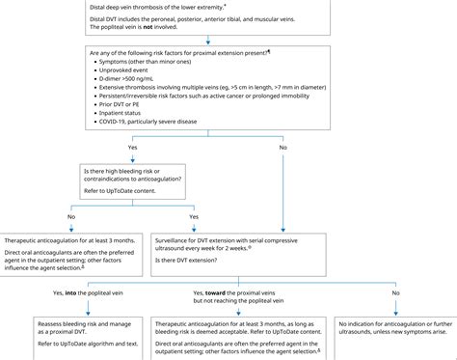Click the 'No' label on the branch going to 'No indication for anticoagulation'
(x=394, y=292)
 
